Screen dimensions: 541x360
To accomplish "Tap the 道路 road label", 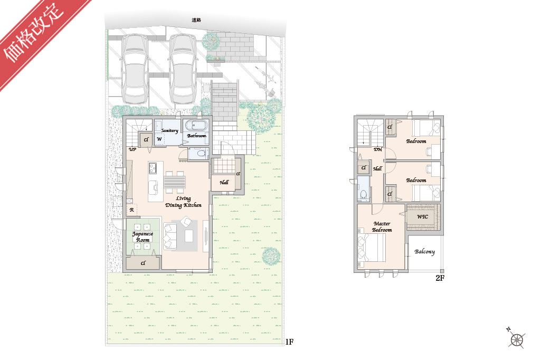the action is coord(196,20).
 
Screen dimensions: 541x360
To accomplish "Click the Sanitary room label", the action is coord(170,130).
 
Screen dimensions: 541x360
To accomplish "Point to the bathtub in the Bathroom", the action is coord(196,126).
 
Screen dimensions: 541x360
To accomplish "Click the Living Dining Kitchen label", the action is coord(183,202).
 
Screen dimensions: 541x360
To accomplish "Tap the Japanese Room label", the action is coord(143,237).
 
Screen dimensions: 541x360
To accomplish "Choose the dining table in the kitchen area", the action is coord(175,182).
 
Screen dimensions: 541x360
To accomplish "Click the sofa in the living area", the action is coord(170,236).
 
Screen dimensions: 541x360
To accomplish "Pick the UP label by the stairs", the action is coord(132,149).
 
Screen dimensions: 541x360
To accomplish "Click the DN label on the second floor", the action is coord(378,149).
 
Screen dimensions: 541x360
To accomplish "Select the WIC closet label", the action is coord(423,217).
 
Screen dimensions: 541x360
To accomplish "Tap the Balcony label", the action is coord(425,252).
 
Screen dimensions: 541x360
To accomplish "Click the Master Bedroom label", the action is coord(382,227).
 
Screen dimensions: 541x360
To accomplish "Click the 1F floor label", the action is coord(289,342).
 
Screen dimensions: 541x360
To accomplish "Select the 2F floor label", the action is coord(440,278).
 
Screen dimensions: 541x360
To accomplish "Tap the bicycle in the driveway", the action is coord(264,80).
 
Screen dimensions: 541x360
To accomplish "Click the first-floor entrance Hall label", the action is coord(224,182).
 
